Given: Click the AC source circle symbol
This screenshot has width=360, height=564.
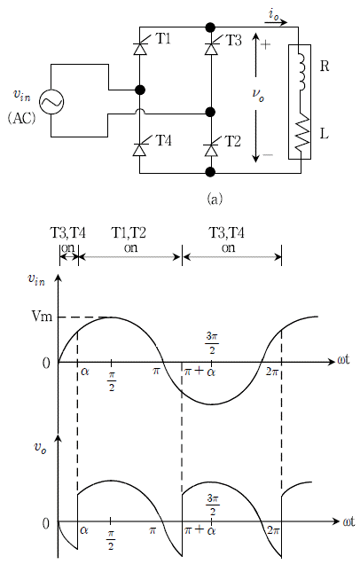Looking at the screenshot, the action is pyautogui.click(x=51, y=102).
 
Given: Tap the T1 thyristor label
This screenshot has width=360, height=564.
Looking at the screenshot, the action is pyautogui.click(x=163, y=39).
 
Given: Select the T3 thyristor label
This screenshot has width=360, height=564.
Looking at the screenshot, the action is pyautogui.click(x=233, y=40).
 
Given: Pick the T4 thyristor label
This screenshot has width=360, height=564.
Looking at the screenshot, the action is pyautogui.click(x=163, y=140).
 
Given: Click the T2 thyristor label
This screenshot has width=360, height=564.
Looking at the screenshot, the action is pyautogui.click(x=232, y=141).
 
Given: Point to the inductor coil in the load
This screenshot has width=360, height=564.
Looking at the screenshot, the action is pyautogui.click(x=301, y=72).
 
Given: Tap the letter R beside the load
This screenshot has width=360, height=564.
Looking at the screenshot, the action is pyautogui.click(x=325, y=67).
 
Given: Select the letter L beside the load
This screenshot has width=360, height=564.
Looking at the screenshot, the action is pyautogui.click(x=324, y=134).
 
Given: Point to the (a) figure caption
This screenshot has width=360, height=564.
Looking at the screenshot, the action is pyautogui.click(x=215, y=198).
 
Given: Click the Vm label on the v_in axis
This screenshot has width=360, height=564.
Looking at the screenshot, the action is pyautogui.click(x=42, y=317).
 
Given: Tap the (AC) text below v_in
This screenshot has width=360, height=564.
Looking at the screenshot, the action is pyautogui.click(x=21, y=118).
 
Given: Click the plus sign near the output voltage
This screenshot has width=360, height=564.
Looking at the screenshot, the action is pyautogui.click(x=265, y=45).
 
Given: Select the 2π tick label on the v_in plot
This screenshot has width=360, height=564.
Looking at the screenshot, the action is pyautogui.click(x=271, y=372).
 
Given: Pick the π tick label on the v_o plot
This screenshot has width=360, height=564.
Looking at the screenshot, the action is pyautogui.click(x=153, y=530).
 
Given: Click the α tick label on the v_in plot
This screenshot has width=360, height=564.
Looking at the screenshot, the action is pyautogui.click(x=85, y=372).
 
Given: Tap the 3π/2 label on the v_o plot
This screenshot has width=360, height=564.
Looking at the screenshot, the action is pyautogui.click(x=212, y=505).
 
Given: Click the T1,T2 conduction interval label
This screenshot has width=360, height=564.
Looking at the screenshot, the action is pyautogui.click(x=129, y=233).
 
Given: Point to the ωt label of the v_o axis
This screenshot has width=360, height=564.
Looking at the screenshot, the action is pyautogui.click(x=348, y=521).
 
